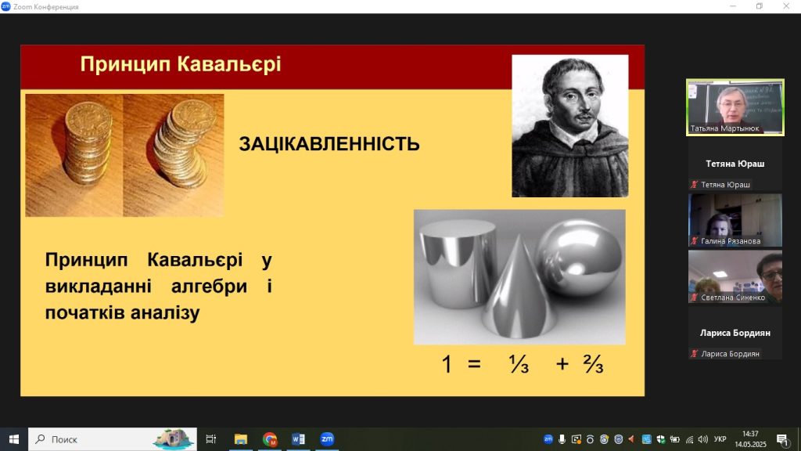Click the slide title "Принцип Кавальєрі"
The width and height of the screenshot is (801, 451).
[x=181, y=64]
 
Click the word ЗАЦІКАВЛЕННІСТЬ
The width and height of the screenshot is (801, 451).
[x=329, y=144]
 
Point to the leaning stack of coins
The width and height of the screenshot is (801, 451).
[x=185, y=144]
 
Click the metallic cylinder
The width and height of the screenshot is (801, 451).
[x=457, y=263]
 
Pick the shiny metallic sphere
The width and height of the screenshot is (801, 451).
[x=580, y=259]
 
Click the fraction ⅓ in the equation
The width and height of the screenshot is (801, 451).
[x=519, y=364]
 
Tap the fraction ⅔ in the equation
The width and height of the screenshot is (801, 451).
[x=594, y=363]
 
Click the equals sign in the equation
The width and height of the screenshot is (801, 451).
[x=475, y=364]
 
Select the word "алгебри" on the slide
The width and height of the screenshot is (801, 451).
[x=210, y=286]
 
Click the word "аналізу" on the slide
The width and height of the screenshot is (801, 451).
[x=165, y=312]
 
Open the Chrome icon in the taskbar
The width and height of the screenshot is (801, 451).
[x=270, y=439]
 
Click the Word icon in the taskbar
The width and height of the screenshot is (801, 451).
[x=298, y=439]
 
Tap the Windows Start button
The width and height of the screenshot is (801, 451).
[x=14, y=439]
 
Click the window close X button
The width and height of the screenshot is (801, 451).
[x=786, y=6]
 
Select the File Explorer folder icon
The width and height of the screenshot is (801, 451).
[x=241, y=439]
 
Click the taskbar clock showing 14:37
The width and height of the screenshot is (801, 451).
[x=750, y=434]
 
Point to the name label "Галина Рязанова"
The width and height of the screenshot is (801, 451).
[x=731, y=241]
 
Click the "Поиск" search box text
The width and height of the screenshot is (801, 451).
[x=64, y=439]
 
